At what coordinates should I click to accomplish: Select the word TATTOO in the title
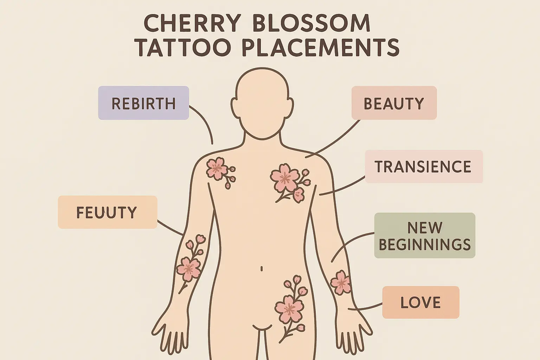(184, 48)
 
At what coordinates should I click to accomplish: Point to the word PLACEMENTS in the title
(321, 48)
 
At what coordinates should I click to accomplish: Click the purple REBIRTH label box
(143, 103)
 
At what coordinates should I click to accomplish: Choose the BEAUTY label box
(394, 103)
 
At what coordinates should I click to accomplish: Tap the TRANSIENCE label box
(423, 167)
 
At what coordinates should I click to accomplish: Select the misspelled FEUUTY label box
(107, 212)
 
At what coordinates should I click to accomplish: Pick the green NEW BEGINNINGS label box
(425, 236)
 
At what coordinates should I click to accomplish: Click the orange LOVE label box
(420, 302)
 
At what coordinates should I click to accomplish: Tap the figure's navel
(262, 269)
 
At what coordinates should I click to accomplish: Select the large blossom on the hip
(289, 309)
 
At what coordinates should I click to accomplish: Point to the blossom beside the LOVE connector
(340, 282)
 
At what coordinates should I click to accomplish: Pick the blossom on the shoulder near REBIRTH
(216, 168)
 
